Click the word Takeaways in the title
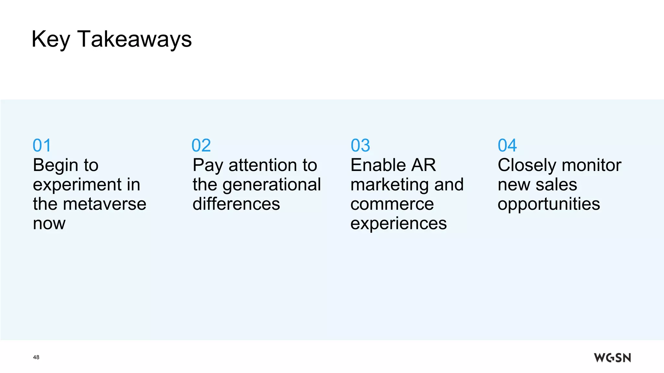(135, 40)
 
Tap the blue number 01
(42, 145)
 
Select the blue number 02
(201, 145)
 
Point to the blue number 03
(360, 145)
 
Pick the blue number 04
(507, 145)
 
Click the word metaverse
(104, 204)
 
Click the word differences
(236, 204)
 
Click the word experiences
(398, 224)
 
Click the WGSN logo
(612, 357)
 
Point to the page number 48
(36, 357)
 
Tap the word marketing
(389, 185)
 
